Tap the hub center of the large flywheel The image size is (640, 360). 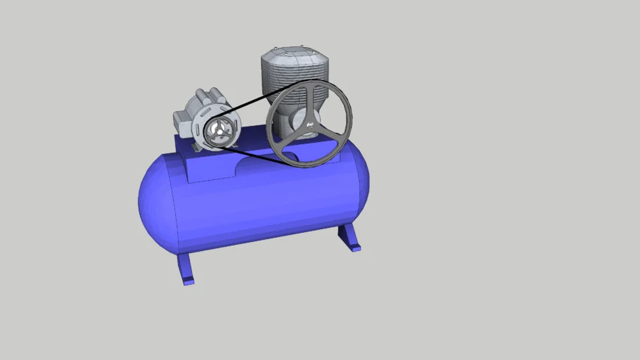(x=309, y=124)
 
